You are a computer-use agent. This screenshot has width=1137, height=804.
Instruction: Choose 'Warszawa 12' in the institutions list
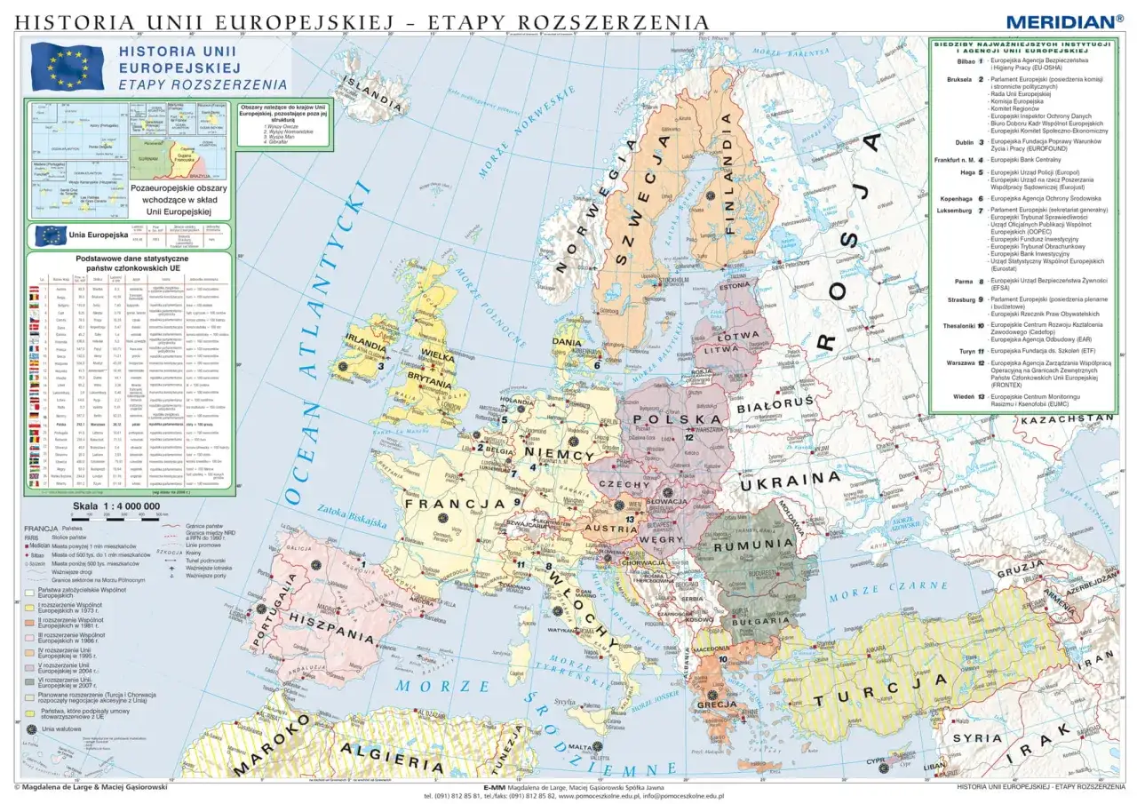(960, 363)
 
